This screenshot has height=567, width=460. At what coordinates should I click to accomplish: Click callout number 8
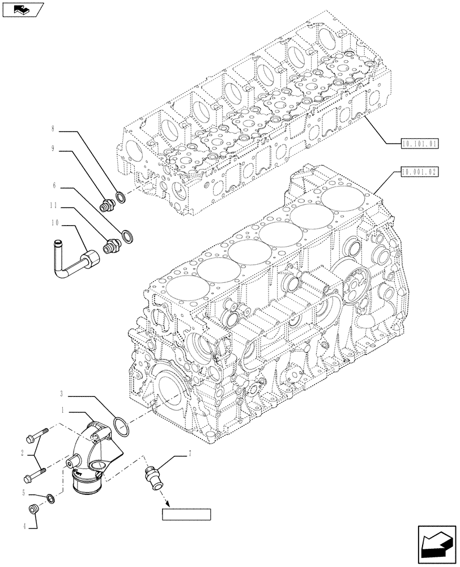(x=53, y=130)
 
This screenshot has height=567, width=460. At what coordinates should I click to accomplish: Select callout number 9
(x=53, y=149)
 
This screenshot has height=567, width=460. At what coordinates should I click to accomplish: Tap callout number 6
(x=54, y=185)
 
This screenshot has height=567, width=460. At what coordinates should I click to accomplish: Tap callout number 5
(x=23, y=494)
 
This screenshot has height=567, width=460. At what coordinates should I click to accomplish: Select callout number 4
(x=23, y=526)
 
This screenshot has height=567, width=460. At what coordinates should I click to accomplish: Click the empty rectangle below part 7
(x=186, y=515)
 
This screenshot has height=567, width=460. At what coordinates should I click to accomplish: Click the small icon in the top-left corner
(x=22, y=9)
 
